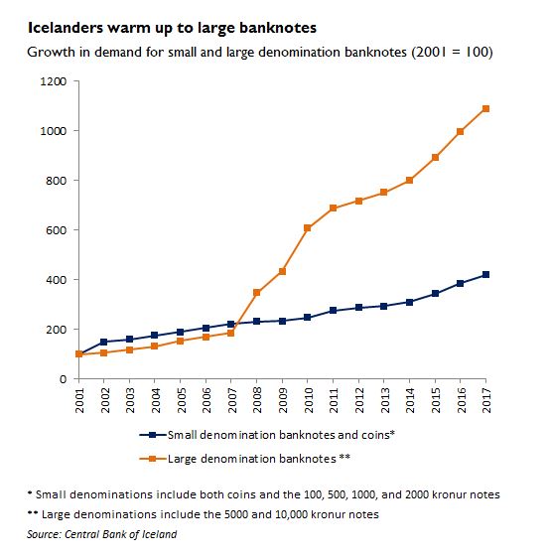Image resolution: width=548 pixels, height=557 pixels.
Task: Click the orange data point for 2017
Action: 485,108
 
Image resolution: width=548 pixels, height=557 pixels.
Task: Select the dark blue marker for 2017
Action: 485,275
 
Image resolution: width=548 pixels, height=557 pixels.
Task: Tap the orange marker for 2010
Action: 307,228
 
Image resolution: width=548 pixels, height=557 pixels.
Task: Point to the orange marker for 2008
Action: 256,293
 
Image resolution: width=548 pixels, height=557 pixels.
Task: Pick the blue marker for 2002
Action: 103,343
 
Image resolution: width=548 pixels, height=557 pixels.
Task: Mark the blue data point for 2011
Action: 333,311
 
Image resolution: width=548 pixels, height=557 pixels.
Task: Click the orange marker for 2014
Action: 409,180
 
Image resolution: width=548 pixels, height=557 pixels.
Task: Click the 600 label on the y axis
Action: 57,230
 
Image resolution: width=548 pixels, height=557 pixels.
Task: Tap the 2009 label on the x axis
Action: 283,400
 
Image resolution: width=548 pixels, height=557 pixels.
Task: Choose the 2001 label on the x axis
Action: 79,400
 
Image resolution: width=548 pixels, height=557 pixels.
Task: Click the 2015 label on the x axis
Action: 436,400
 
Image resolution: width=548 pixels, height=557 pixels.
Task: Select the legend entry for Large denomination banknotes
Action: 245,459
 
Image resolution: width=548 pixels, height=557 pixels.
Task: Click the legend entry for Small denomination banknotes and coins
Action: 267,435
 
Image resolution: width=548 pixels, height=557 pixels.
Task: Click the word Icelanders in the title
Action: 66,28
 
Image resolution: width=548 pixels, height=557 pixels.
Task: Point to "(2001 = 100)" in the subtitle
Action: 452,53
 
